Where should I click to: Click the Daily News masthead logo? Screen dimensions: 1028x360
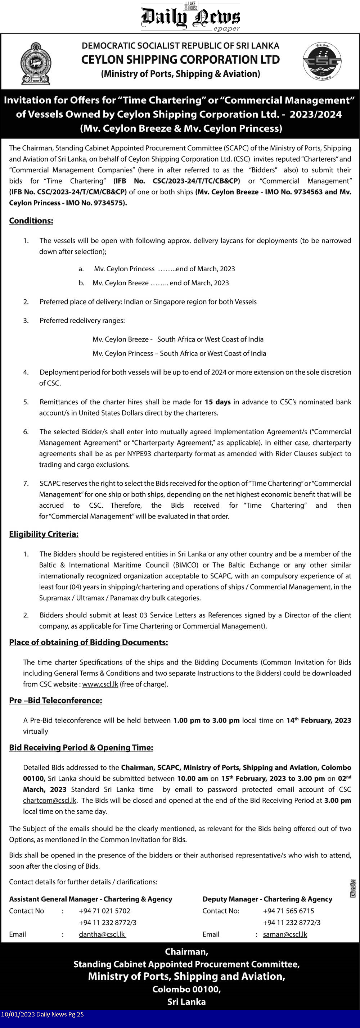tap(190, 17)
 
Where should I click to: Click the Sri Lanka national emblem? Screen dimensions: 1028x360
tap(36, 63)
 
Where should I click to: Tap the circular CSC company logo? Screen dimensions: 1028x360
tap(322, 62)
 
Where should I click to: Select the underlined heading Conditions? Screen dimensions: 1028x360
tap(31, 221)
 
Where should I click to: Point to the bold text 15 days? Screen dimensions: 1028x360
tap(217, 402)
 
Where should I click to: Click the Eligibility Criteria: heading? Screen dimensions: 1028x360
tap(44, 534)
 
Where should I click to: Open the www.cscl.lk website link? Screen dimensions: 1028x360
tap(100, 684)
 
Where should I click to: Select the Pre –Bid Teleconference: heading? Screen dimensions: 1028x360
tap(55, 700)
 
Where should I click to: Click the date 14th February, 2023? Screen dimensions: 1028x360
tap(319, 720)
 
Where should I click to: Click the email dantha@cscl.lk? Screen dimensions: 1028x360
tap(102, 934)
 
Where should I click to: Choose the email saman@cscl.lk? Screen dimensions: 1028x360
tap(285, 934)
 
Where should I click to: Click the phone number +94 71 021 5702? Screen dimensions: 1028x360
tap(104, 911)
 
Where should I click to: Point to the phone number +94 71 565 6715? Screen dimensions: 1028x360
tap(289, 911)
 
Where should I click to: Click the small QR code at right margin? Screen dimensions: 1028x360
tap(353, 888)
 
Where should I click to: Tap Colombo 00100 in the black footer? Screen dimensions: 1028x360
tap(186, 989)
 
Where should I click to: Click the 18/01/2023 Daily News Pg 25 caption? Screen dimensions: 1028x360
tap(42, 1014)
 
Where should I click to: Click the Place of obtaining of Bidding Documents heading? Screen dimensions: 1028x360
tap(89, 642)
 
